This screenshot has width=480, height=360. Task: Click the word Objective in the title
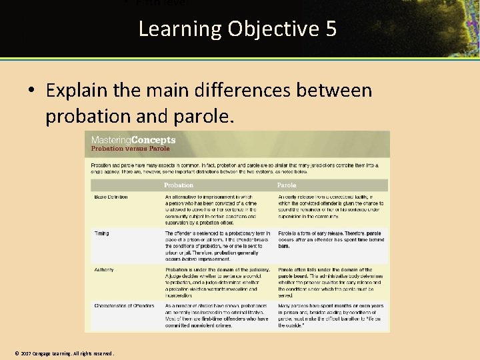[x=271, y=29]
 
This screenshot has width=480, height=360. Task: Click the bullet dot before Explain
[x=31, y=91]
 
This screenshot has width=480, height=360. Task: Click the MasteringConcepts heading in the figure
[x=133, y=140]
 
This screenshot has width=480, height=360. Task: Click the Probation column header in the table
[x=179, y=185]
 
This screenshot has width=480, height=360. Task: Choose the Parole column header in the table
[x=287, y=185]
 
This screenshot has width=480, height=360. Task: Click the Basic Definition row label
[x=111, y=197]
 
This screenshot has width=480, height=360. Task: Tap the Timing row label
[x=101, y=234]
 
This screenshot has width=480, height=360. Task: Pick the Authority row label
[x=104, y=270]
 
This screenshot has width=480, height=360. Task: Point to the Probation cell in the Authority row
[x=217, y=282]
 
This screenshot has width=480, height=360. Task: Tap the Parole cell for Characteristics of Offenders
[x=331, y=315]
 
